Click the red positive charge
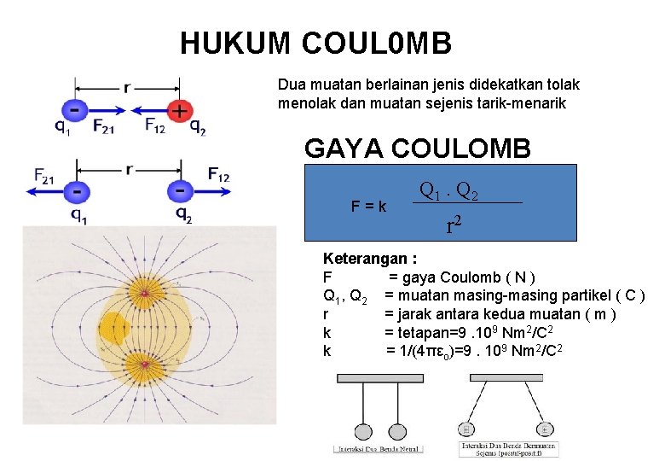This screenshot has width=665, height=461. [179, 110]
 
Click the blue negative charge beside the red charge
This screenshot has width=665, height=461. [75, 110]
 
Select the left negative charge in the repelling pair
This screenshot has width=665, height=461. [77, 190]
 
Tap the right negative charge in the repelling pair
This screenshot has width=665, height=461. [180, 190]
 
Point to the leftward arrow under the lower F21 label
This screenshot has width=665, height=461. [47, 191]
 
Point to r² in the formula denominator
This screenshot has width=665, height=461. [454, 225]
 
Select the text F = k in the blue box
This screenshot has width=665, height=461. [368, 207]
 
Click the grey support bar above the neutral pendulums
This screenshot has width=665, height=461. [380, 377]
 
